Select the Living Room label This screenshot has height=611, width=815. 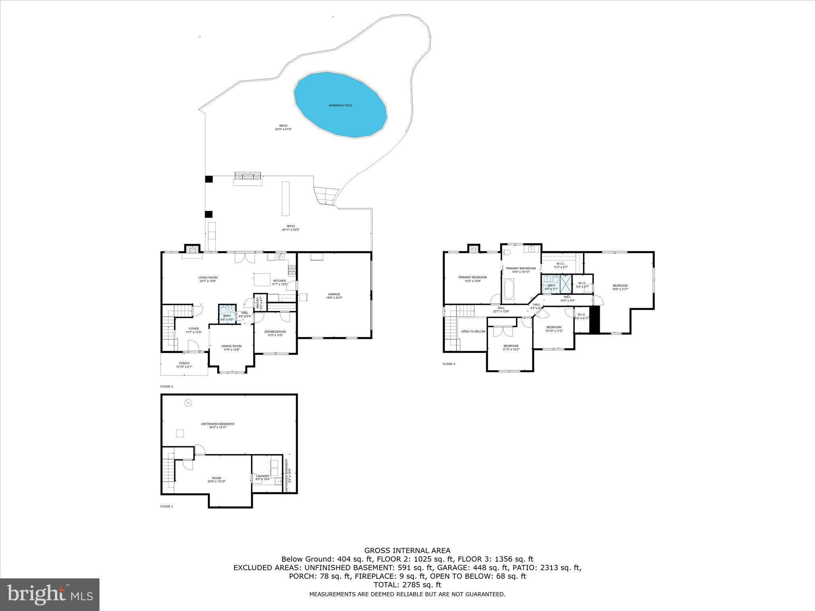(x=208, y=279)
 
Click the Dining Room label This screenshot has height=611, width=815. (x=232, y=348)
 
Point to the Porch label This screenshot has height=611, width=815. (x=184, y=365)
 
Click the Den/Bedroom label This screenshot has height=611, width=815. (x=275, y=333)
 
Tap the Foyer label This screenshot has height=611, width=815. (x=194, y=330)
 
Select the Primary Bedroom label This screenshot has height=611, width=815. (x=472, y=279)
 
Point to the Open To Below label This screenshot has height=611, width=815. (x=473, y=331)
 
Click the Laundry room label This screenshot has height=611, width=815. (x=263, y=477)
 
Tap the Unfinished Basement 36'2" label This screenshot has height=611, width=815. (x=218, y=425)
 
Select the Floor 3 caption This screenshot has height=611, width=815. (x=448, y=364)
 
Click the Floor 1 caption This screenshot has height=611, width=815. (x=167, y=506)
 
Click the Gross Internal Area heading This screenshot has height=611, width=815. (x=407, y=551)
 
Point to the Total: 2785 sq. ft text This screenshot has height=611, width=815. (x=407, y=585)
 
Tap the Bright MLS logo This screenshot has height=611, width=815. (x=50, y=595)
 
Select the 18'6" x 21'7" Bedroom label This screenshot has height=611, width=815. (x=620, y=287)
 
